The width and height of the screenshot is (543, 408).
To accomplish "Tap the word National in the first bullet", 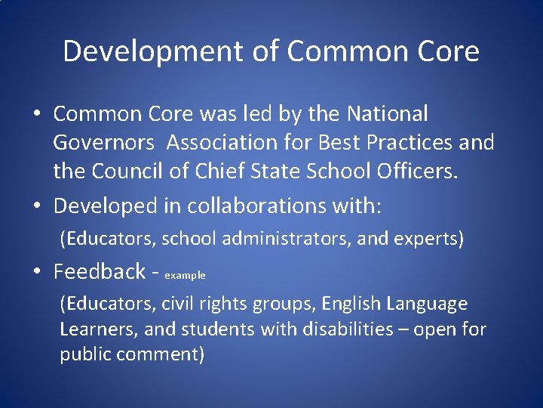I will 388,114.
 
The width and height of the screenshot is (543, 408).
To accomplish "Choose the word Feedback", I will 100,270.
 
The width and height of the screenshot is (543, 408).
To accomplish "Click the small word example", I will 185,276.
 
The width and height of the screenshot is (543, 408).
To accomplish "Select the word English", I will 351,304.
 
